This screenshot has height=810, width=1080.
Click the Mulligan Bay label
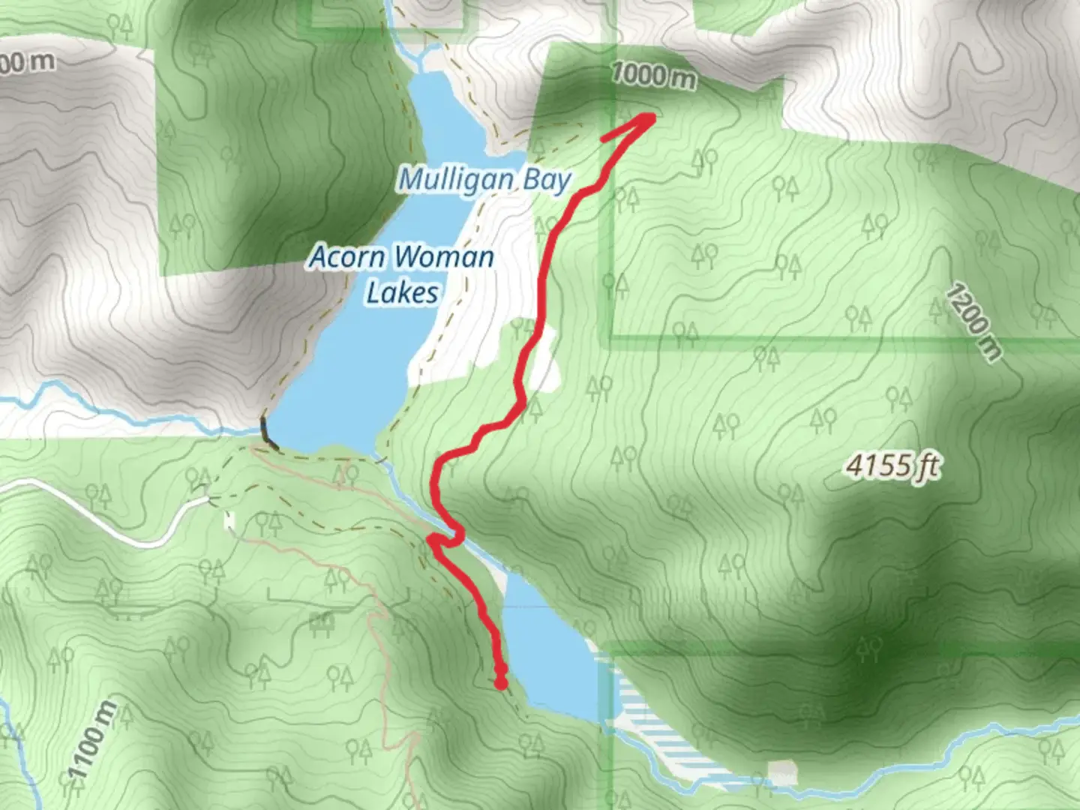tap(484, 180)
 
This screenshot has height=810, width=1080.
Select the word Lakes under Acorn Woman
tap(402, 293)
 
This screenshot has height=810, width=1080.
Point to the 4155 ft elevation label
tap(892, 467)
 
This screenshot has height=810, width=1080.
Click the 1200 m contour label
tap(973, 322)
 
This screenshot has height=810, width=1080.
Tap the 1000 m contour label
tap(653, 76)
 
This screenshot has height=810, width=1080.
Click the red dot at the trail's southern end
tap(500, 682)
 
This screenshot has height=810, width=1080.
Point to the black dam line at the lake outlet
tap(267, 434)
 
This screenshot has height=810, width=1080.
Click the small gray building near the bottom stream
tap(782, 773)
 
